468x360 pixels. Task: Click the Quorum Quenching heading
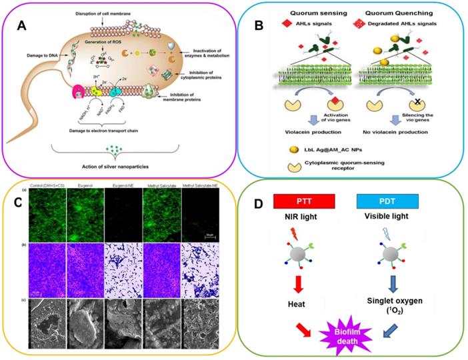(400, 11)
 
